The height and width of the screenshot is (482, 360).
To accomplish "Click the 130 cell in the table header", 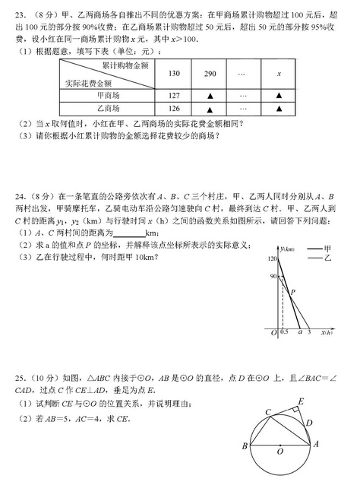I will point(175,74).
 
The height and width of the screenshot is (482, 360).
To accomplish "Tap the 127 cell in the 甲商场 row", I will point(175,95).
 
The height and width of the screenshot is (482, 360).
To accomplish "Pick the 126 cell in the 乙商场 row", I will point(175,109).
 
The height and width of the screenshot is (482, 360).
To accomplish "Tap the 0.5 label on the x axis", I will point(284,333).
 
